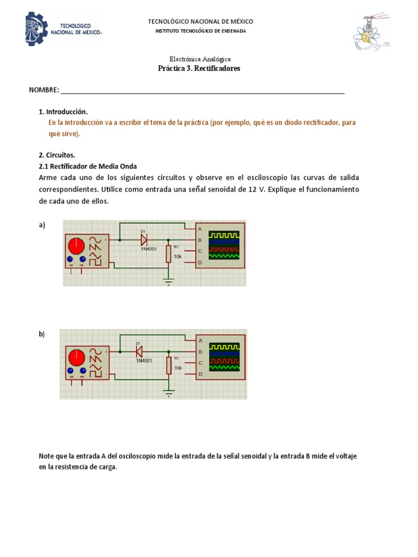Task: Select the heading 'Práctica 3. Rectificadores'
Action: point(199,69)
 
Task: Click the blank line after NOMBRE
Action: point(202,90)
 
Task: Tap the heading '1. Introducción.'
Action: point(63,112)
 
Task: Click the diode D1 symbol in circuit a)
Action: point(144,239)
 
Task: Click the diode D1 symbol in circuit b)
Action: point(139,351)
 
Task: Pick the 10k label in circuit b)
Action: point(179,368)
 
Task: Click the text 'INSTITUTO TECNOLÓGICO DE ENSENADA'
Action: point(200,31)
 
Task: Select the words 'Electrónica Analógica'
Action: point(200,59)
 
